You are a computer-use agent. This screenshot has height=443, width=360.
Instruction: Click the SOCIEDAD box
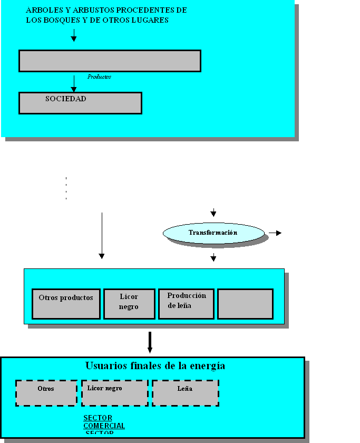point(80,103)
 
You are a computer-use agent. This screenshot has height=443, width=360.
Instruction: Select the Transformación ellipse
point(213,233)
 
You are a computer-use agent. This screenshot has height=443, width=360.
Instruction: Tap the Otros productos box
point(66,304)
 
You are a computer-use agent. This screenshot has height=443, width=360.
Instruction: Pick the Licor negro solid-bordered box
point(129,304)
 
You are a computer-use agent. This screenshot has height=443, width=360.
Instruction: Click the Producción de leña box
point(186,304)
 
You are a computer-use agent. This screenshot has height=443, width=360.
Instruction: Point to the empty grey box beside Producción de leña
point(245,304)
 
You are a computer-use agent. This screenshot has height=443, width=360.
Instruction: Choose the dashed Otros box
point(46,393)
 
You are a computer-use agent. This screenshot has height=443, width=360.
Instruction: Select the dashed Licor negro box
point(114,393)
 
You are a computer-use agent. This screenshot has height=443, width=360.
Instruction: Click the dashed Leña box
point(186,393)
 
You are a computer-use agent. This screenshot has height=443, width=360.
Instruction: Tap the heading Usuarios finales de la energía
point(155,366)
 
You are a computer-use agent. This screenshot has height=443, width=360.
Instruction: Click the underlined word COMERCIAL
point(104,426)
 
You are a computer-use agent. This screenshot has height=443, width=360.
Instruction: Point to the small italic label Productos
point(99,77)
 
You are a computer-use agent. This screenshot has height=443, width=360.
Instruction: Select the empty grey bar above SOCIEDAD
point(110,61)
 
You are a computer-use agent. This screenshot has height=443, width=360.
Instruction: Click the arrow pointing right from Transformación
point(275,233)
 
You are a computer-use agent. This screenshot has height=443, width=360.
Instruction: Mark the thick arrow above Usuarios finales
point(150,342)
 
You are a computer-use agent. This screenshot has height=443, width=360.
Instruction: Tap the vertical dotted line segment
point(66,188)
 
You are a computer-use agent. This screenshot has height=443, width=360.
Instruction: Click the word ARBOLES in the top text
point(42,11)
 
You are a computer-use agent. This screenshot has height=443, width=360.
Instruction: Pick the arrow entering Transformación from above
point(213,213)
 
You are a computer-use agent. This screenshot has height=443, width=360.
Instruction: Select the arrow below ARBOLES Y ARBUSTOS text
point(74,35)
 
